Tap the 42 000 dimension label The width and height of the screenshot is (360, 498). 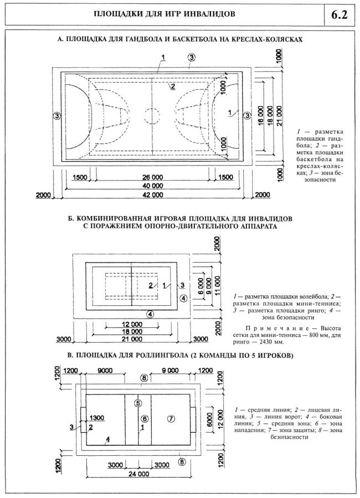(x=153, y=195)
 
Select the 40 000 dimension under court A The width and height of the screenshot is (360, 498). (x=153, y=186)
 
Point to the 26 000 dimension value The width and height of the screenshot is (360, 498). (x=153, y=177)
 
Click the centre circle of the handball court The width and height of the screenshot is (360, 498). (x=152, y=116)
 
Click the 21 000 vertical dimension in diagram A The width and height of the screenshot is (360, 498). (x=283, y=116)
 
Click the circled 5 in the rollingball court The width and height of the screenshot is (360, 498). (x=138, y=403)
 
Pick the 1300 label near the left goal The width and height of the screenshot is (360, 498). (x=97, y=417)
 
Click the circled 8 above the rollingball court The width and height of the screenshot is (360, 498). (x=144, y=378)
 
